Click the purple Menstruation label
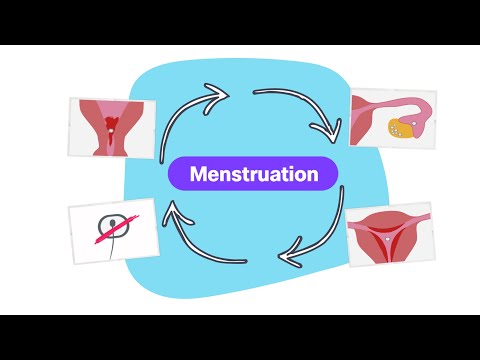click(x=252, y=174)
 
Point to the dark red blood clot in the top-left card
click(x=110, y=125)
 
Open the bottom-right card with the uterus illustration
click(x=390, y=234)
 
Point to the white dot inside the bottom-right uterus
click(x=391, y=238)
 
